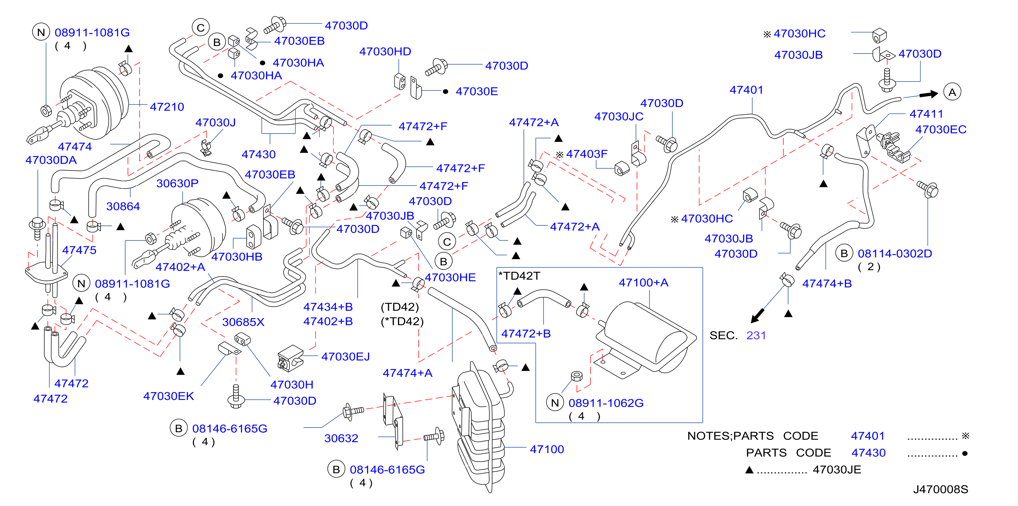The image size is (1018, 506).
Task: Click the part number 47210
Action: [x=167, y=107]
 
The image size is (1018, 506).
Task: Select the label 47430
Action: [x=258, y=154]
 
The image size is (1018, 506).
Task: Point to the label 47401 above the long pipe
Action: [x=746, y=90]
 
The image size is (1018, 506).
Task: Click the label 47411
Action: [x=926, y=114]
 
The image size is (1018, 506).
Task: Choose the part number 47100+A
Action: [x=643, y=283]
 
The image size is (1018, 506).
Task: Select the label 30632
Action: [x=341, y=438]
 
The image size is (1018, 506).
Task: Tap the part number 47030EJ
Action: [x=345, y=357]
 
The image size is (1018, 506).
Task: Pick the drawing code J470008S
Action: [x=940, y=489]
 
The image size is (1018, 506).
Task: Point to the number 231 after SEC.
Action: [x=756, y=335]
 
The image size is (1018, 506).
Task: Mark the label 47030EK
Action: [x=168, y=396]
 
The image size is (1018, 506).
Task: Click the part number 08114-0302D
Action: [x=895, y=253]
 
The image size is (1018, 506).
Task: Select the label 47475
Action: [x=79, y=250]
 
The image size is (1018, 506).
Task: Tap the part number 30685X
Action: [x=243, y=322]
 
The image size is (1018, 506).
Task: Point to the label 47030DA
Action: [x=51, y=160]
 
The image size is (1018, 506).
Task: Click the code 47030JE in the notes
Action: [x=837, y=470]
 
